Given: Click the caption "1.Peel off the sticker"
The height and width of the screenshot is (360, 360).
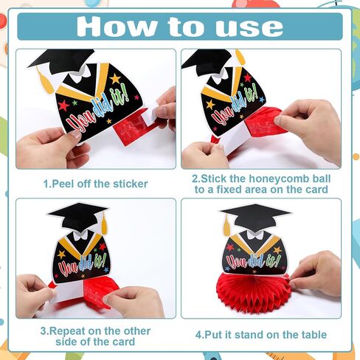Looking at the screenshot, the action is [x=95, y=184].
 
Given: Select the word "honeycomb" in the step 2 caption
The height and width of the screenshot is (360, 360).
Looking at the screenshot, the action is [x=279, y=179].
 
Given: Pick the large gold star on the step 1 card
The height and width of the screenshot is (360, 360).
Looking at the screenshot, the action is [x=115, y=79].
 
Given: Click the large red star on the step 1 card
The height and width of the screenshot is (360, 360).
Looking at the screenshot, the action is [x=63, y=105].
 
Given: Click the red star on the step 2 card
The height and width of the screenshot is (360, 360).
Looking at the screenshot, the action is [x=247, y=77].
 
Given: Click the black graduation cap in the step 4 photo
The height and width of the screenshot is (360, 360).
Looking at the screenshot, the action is [x=255, y=217].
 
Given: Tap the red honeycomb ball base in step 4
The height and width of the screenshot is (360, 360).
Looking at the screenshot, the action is [x=254, y=292].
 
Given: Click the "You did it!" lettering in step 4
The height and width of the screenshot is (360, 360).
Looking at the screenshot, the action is [x=253, y=261].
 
